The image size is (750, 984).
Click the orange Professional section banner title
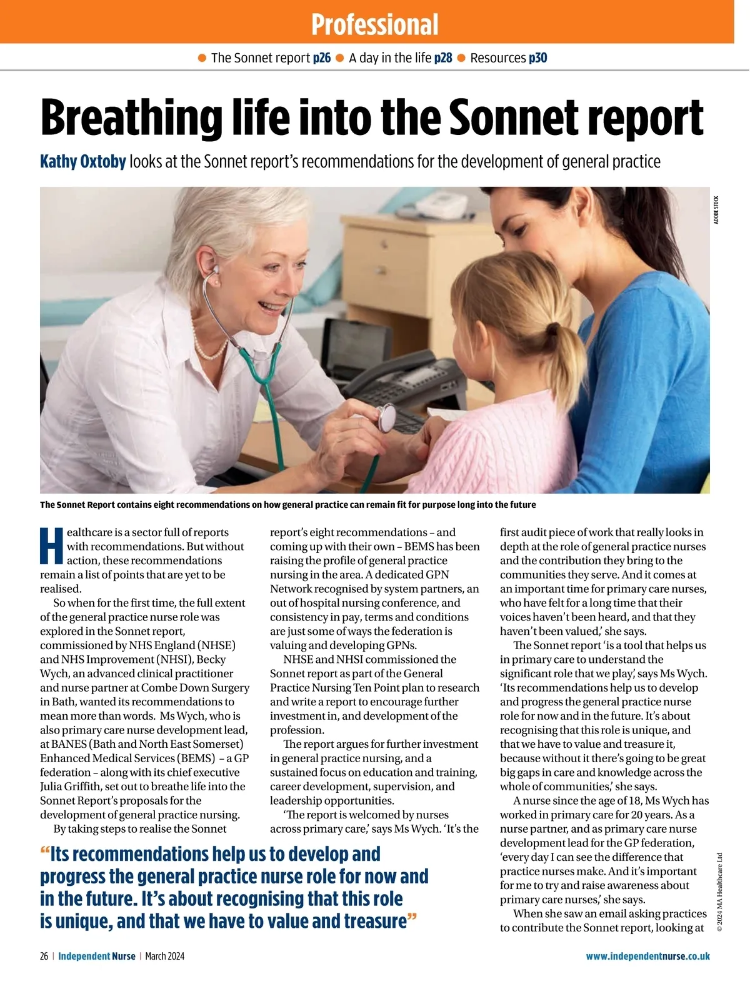tap(374, 24)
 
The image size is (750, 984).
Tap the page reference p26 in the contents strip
tap(322, 58)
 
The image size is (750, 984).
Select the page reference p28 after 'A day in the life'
tap(443, 58)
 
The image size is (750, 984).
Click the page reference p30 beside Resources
tap(538, 58)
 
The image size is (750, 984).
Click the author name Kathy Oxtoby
tap(83, 162)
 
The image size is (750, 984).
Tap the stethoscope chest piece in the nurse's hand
tap(387, 417)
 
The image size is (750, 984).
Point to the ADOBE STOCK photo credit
tap(716, 210)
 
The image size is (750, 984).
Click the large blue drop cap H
tap(52, 546)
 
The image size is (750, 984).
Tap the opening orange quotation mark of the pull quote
tap(44, 853)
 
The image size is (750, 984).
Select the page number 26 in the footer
tap(44, 956)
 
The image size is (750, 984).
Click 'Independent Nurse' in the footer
tap(96, 956)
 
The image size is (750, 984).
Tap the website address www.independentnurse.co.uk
tap(647, 956)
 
